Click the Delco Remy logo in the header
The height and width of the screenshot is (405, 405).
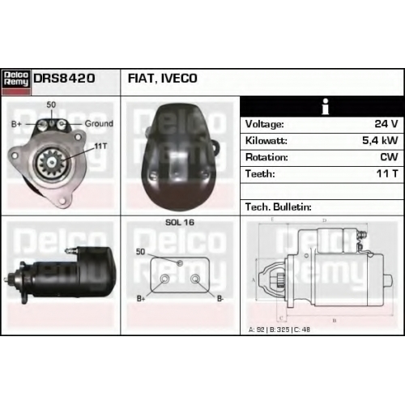pyautogui.click(x=16, y=82)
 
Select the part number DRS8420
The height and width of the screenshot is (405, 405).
pyautogui.click(x=64, y=79)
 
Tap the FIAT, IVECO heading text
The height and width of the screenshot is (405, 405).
pyautogui.click(x=162, y=79)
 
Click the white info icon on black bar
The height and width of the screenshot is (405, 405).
pyautogui.click(x=326, y=106)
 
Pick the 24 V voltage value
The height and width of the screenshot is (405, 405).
pyautogui.click(x=386, y=124)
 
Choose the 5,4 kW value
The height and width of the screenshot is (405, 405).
pyautogui.click(x=380, y=140)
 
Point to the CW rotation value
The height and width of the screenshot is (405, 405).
pyautogui.click(x=389, y=157)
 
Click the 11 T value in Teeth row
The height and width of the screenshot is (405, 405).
pyautogui.click(x=387, y=173)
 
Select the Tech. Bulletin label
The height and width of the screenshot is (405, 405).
pyautogui.click(x=279, y=207)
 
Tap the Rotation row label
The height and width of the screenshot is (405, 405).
pyautogui.click(x=266, y=157)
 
